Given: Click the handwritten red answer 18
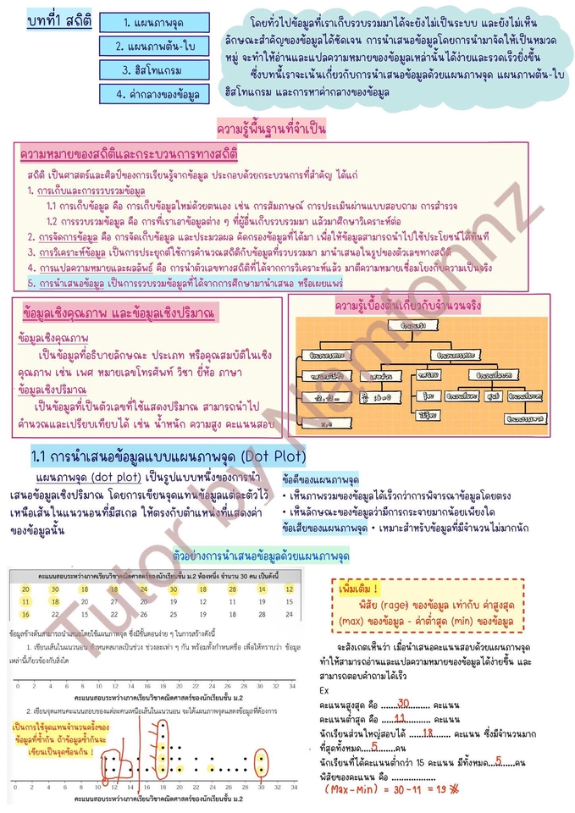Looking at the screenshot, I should [428, 707].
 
